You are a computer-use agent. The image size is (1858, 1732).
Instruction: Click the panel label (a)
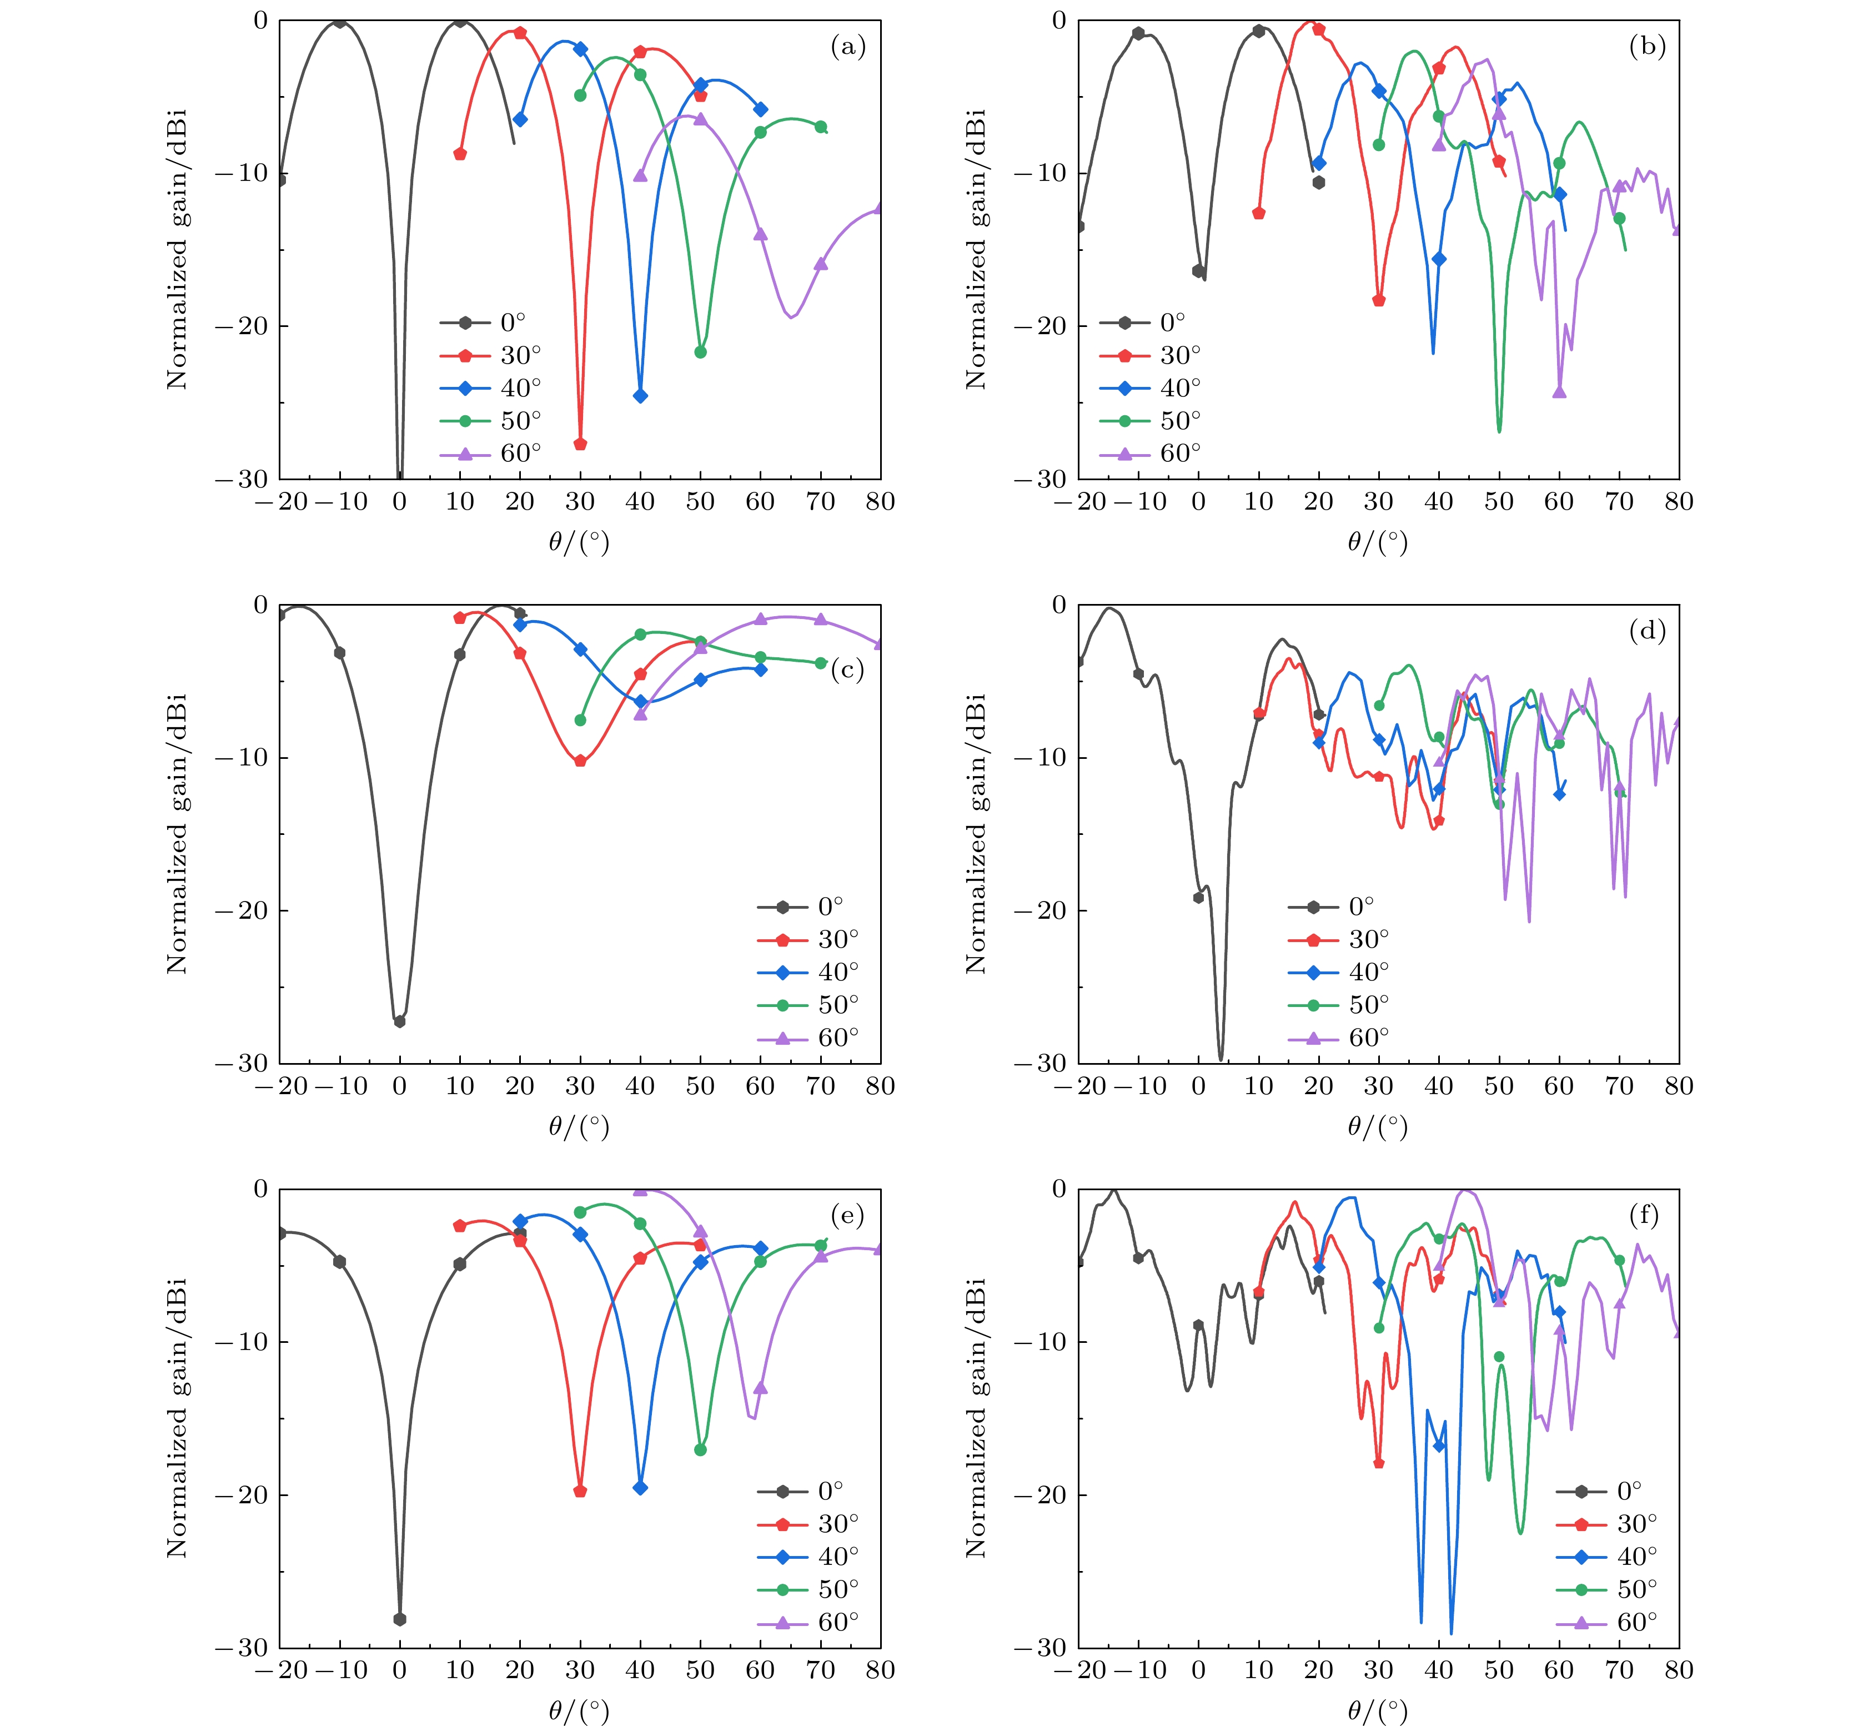(x=848, y=47)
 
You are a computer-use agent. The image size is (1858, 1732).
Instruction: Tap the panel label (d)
(x=1647, y=632)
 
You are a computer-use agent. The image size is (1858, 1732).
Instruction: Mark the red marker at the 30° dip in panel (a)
(x=580, y=444)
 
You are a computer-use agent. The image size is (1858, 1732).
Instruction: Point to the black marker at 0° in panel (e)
(x=400, y=1619)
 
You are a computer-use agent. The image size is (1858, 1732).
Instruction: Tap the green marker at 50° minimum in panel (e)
(x=700, y=1450)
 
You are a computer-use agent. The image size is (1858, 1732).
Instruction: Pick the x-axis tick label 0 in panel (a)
(x=400, y=502)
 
